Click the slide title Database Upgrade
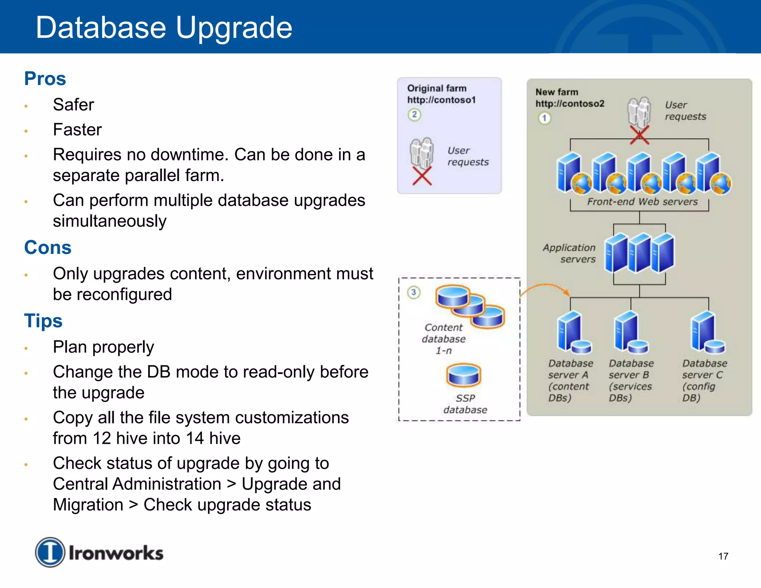click(x=164, y=28)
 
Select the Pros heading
click(x=45, y=79)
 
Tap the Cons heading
click(x=48, y=248)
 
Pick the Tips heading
click(x=43, y=321)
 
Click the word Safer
click(x=73, y=105)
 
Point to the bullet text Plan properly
click(x=103, y=347)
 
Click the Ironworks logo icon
click(x=50, y=552)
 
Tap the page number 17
click(x=723, y=556)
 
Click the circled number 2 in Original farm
click(x=414, y=114)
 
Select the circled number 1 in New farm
click(x=544, y=118)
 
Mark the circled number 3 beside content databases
click(x=413, y=292)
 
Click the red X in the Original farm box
click(x=422, y=176)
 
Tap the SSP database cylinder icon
click(x=463, y=375)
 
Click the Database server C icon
click(x=707, y=333)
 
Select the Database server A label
click(x=570, y=380)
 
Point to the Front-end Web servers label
click(x=642, y=202)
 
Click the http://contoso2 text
click(x=570, y=104)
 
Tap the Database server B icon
click(x=630, y=333)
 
